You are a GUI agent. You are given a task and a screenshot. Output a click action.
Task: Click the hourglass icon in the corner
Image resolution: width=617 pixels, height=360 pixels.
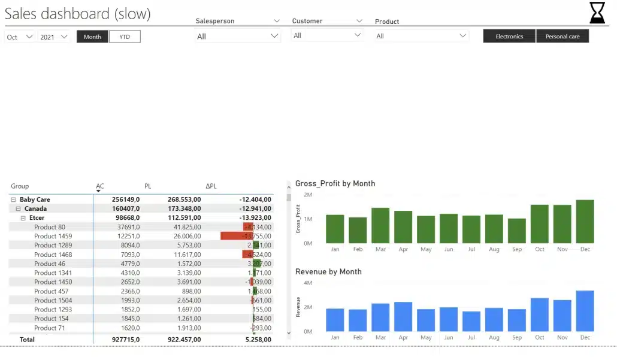click(597, 13)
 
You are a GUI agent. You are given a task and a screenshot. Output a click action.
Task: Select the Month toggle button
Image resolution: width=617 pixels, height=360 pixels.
click(92, 37)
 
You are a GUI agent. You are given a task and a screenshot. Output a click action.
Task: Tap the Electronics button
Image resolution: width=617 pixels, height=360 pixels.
click(509, 37)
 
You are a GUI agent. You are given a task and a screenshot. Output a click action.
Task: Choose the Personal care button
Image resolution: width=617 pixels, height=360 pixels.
click(562, 37)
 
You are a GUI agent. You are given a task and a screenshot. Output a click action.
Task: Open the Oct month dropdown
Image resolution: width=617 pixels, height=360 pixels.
click(20, 37)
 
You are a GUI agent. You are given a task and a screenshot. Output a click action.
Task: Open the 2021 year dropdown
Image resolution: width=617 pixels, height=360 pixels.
click(54, 37)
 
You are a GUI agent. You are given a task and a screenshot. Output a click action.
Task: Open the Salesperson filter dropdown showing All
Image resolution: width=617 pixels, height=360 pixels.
click(238, 37)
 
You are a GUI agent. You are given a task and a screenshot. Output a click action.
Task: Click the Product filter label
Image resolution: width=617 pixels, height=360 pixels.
click(387, 22)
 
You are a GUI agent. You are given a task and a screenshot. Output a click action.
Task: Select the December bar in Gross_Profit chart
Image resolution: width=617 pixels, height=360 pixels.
click(585, 222)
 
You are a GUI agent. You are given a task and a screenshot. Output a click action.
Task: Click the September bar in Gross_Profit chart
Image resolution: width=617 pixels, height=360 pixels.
click(516, 231)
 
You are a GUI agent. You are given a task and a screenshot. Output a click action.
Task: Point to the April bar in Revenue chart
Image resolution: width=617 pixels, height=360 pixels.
click(403, 316)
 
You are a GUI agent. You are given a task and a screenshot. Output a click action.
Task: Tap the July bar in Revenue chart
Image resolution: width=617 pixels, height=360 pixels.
click(471, 321)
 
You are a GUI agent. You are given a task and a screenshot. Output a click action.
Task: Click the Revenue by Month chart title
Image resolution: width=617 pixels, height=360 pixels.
click(328, 272)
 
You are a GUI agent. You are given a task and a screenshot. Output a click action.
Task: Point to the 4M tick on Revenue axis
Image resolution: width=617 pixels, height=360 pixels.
click(307, 283)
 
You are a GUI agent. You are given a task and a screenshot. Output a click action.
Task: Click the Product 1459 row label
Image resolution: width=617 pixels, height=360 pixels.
click(53, 236)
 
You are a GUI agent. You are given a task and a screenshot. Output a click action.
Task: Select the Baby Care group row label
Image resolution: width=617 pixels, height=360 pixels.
click(35, 199)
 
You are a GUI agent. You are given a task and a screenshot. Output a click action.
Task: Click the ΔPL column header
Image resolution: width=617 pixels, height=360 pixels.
click(211, 186)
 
